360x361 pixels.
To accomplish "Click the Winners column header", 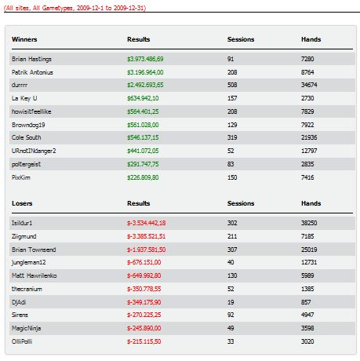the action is [24, 39].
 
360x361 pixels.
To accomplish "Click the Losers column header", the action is [22, 203].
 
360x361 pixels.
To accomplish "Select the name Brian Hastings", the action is [31, 60].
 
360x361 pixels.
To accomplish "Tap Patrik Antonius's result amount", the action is [145, 72].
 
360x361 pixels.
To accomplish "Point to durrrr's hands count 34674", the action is [309, 85].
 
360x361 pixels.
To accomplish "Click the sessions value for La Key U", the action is [232, 98].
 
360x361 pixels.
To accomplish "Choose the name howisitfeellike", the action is [31, 111].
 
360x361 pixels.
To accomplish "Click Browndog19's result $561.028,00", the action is [143, 125].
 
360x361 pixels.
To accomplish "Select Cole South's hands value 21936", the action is [309, 137].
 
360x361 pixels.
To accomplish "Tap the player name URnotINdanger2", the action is [34, 151].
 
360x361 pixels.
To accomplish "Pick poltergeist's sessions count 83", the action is [231, 164].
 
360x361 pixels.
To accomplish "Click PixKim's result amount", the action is [143, 177].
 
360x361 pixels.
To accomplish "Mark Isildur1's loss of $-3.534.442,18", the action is [146, 223].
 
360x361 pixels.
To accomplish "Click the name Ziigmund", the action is [24, 237].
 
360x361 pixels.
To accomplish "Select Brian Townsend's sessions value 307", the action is [232, 250].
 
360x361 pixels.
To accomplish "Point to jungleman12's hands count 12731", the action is [309, 262].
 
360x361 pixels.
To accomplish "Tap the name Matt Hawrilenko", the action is [35, 275].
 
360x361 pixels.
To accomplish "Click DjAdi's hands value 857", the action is [306, 302].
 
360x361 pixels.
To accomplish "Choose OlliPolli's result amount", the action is [144, 341].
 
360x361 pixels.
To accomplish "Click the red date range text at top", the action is [75, 8].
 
